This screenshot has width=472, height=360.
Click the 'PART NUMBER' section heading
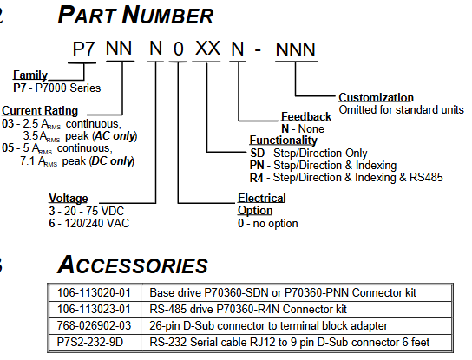(135, 15)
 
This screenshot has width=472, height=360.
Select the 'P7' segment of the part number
(84, 49)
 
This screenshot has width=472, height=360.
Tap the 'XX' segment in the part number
(207, 48)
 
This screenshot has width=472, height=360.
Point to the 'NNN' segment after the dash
(296, 49)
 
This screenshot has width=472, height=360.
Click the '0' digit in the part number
(179, 49)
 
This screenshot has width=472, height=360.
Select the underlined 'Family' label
(30, 75)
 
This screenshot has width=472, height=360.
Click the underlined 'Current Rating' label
(40, 110)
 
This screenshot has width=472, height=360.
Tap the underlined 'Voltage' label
(69, 198)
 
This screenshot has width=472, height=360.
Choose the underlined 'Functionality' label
(283, 141)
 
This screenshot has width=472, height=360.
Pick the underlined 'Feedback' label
(305, 116)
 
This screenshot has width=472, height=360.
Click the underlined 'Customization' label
(376, 97)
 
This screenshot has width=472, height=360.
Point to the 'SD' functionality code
(258, 154)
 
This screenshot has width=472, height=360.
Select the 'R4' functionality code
(257, 178)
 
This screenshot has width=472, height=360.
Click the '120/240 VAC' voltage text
(97, 223)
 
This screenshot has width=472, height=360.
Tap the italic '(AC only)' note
(115, 136)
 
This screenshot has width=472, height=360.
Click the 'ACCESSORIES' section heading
(133, 265)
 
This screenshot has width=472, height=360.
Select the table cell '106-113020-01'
(94, 292)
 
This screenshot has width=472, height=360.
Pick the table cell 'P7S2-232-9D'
(90, 343)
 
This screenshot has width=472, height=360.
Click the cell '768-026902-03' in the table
(94, 325)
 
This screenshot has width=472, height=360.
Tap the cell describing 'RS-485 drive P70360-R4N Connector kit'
(248, 309)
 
